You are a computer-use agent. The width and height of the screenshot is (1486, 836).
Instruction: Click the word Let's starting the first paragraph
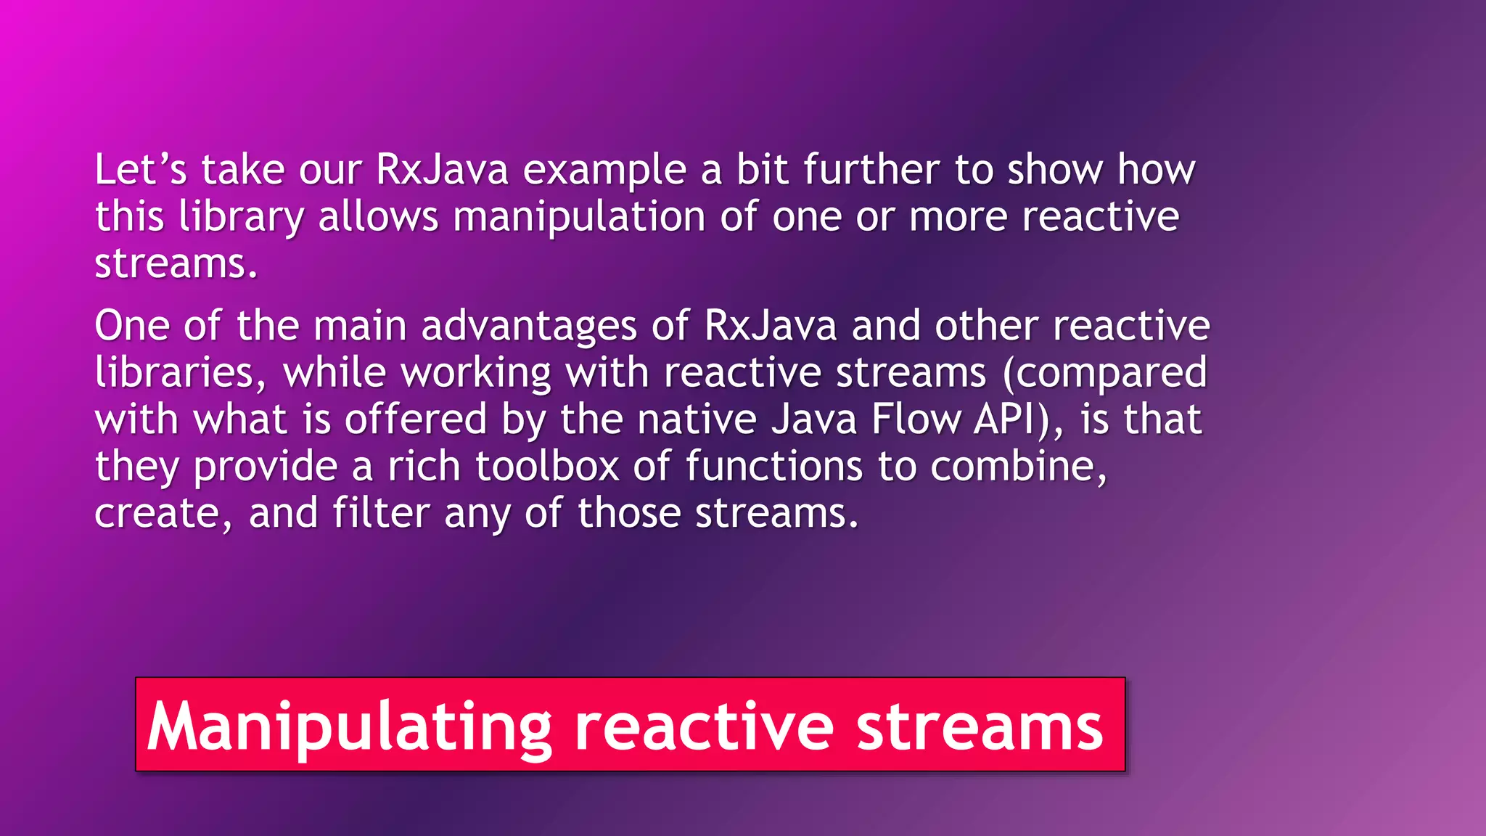[141, 170]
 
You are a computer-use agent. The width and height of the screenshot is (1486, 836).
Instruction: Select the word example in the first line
[604, 171]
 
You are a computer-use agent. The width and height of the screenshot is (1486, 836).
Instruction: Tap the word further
[871, 170]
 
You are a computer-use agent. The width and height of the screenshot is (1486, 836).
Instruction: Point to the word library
[242, 218]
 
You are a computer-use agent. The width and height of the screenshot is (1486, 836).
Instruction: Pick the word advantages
[529, 327]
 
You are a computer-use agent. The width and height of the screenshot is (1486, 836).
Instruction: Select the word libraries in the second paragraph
[175, 372]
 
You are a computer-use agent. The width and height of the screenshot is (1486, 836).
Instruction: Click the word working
[476, 374]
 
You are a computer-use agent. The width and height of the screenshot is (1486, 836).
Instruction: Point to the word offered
[416, 419]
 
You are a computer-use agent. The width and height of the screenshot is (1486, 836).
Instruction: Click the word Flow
[916, 419]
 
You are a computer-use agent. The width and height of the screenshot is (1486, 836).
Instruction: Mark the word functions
[774, 466]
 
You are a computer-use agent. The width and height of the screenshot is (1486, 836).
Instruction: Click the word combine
[1019, 466]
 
